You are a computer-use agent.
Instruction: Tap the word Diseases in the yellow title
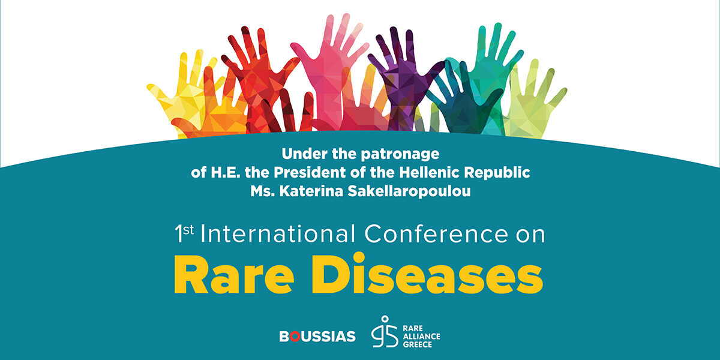[427, 273]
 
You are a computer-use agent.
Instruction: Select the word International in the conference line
[278, 233]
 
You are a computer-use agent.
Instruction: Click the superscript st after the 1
[188, 230]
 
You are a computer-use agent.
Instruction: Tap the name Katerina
[311, 191]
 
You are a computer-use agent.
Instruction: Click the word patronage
[400, 155]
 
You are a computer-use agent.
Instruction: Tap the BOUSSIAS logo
[317, 337]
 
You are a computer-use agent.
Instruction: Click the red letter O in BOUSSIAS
[295, 337]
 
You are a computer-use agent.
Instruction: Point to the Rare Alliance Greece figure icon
[385, 332]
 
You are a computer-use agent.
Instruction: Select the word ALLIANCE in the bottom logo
[421, 337]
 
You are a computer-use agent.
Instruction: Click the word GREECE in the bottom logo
[418, 344]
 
